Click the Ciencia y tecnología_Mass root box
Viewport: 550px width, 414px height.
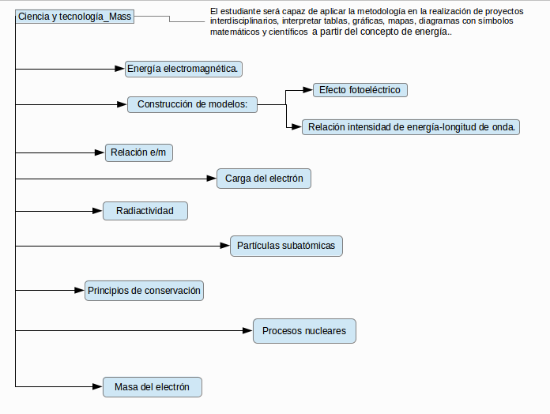pyautogui.click(x=75, y=17)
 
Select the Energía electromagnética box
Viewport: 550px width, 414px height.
pyautogui.click(x=183, y=69)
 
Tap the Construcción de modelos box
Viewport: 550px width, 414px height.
pyautogui.click(x=192, y=104)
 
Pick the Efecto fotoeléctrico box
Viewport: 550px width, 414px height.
pyautogui.click(x=360, y=90)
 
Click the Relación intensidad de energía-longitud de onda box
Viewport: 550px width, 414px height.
pyautogui.click(x=411, y=127)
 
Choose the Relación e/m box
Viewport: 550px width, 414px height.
pyautogui.click(x=139, y=152)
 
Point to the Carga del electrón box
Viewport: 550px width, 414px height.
pyautogui.click(x=264, y=179)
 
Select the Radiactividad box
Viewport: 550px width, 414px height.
pyautogui.click(x=145, y=211)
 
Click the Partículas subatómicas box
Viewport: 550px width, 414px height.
pyautogui.click(x=286, y=246)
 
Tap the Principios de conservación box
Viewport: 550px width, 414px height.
pyautogui.click(x=144, y=291)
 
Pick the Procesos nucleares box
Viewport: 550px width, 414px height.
pyautogui.click(x=304, y=330)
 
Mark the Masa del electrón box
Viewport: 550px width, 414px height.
pyautogui.click(x=153, y=387)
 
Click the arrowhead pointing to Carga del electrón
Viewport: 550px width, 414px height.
pyautogui.click(x=212, y=179)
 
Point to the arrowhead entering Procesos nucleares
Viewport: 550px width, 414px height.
pyautogui.click(x=247, y=330)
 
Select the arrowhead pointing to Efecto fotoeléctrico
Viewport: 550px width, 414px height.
pyautogui.click(x=307, y=90)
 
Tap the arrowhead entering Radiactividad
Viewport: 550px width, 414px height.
pyautogui.click(x=97, y=211)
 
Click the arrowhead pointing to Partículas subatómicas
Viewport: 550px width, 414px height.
pyautogui.click(x=225, y=246)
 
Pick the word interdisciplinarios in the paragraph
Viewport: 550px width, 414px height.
pyautogui.click(x=243, y=21)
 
